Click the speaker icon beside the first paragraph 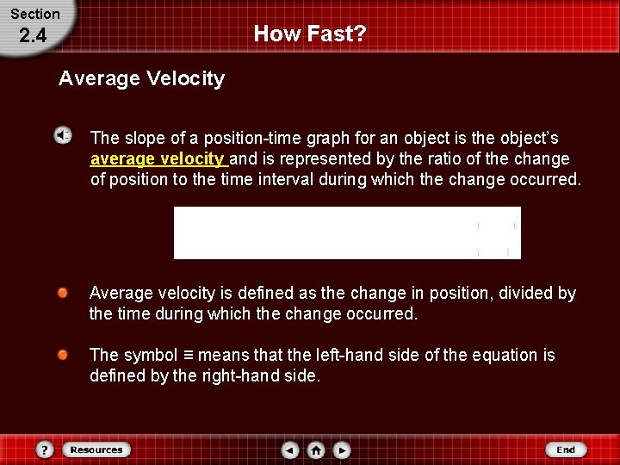point(64,135)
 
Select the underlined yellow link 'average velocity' point(158,159)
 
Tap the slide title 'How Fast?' point(310,34)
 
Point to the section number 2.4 point(33,35)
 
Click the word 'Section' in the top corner point(35,14)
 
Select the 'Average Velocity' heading point(141,78)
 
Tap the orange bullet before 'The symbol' point(64,355)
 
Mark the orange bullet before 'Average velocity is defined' point(64,293)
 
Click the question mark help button point(45,449)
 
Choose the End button point(565,449)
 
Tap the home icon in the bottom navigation point(316,449)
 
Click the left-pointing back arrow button point(291,449)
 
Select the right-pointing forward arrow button point(342,449)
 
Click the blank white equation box point(347,232)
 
